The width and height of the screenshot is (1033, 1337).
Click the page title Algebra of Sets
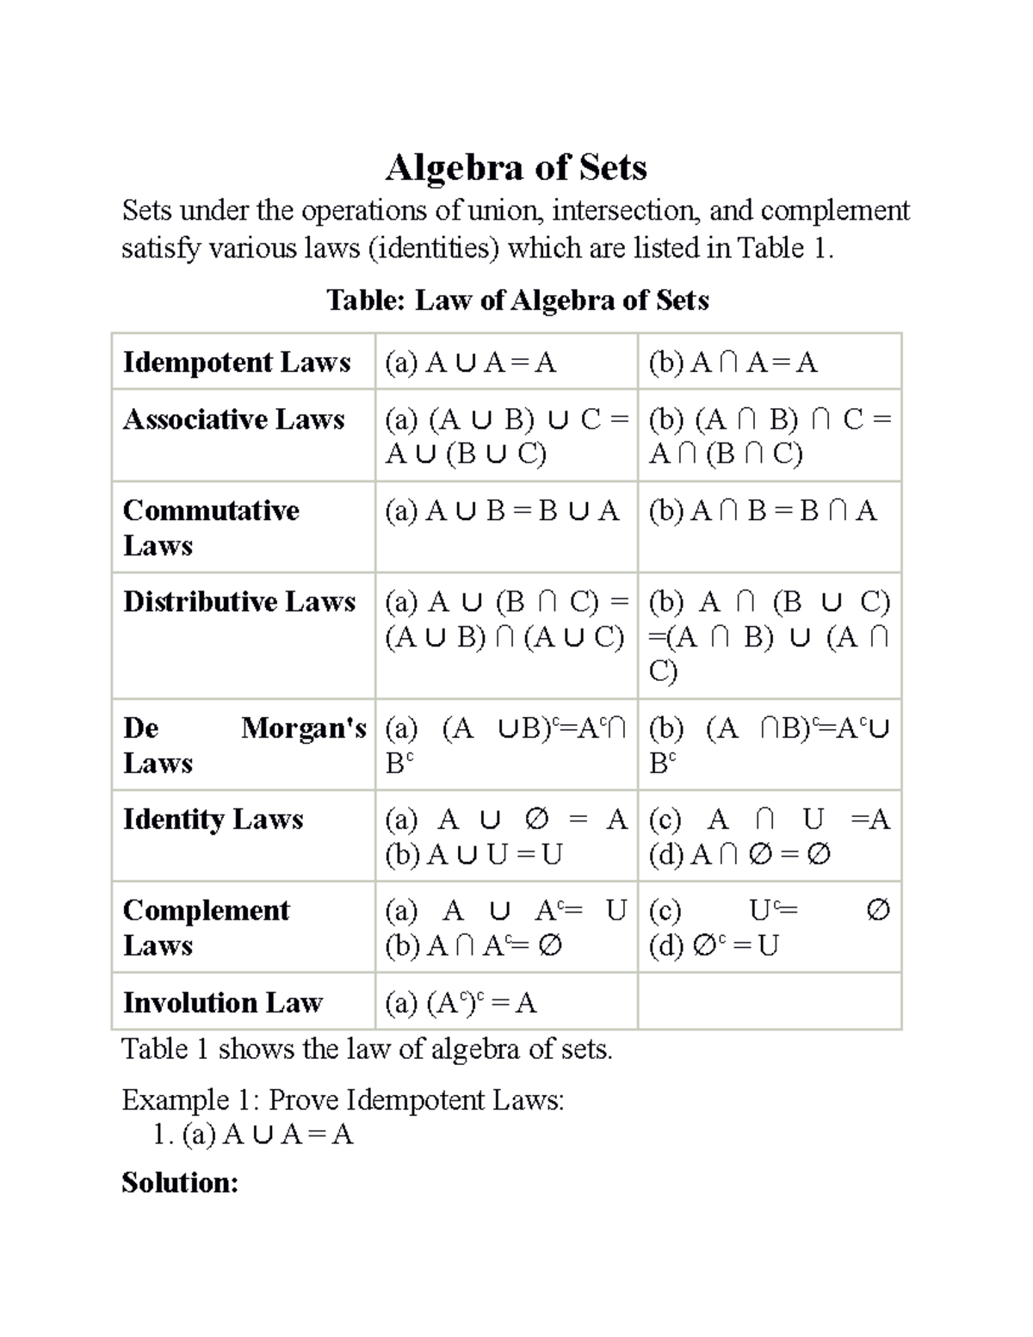tap(516, 167)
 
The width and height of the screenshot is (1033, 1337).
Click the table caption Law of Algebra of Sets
tap(517, 300)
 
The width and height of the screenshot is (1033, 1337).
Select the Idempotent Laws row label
tap(237, 362)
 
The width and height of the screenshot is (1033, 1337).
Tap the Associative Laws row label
tap(233, 419)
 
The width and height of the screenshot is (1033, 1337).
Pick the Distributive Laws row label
tap(238, 602)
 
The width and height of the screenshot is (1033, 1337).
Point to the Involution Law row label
tap(222, 1003)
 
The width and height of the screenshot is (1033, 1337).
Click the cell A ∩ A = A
tap(733, 363)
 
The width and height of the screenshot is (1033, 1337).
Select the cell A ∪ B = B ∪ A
tap(502, 511)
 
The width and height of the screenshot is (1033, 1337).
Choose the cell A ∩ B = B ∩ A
tap(763, 511)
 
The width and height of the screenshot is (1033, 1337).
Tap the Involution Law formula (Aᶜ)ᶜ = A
tap(461, 1003)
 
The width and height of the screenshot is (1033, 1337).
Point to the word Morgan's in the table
tap(303, 728)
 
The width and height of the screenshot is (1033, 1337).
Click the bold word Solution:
tap(179, 1183)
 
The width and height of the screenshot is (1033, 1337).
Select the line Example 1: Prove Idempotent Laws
tap(343, 1100)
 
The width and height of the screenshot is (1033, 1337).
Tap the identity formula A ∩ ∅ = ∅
tap(739, 855)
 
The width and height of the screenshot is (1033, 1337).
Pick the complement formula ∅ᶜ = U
tap(714, 946)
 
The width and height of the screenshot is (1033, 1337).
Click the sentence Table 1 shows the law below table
tap(367, 1049)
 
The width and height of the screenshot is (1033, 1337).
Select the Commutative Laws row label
tap(211, 528)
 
